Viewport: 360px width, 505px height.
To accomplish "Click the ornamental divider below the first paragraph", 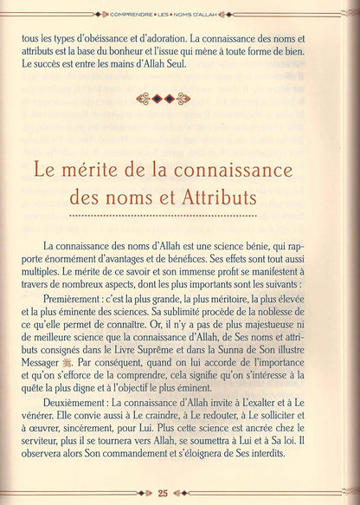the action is tap(180, 98).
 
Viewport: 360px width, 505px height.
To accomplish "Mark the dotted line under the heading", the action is tap(180, 215).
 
